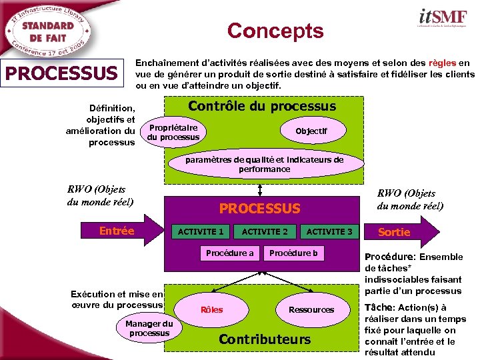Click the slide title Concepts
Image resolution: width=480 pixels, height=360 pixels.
pyautogui.click(x=275, y=31)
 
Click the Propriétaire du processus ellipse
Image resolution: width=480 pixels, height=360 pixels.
pyautogui.click(x=173, y=132)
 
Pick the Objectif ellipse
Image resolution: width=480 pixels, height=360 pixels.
pyautogui.click(x=311, y=131)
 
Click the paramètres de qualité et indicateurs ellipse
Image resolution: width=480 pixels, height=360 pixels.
pyautogui.click(x=264, y=165)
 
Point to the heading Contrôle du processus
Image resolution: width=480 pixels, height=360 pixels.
pyautogui.click(x=262, y=106)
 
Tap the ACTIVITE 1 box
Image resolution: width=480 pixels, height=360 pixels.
pyautogui.click(x=200, y=231)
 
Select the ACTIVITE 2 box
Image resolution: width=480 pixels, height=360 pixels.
pyautogui.click(x=265, y=231)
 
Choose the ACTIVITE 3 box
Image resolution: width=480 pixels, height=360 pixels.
pyautogui.click(x=329, y=231)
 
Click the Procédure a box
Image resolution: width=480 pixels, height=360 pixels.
pyautogui.click(x=230, y=253)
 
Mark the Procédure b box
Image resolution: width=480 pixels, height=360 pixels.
pyautogui.click(x=293, y=253)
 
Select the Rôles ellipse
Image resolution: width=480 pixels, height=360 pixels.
pyautogui.click(x=212, y=309)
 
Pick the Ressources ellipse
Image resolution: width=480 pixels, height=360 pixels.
pyautogui.click(x=311, y=309)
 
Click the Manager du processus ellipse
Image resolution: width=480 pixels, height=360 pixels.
pyautogui.click(x=149, y=329)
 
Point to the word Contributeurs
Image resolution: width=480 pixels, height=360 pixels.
pyautogui.click(x=265, y=339)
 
